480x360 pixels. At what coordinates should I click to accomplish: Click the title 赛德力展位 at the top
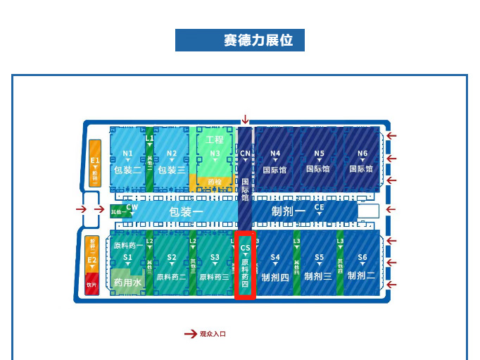click(x=239, y=40)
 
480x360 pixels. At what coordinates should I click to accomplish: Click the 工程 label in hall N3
click(x=215, y=140)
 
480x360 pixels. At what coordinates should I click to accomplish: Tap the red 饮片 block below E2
click(x=91, y=285)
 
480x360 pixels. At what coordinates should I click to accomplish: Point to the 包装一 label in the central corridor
click(x=186, y=211)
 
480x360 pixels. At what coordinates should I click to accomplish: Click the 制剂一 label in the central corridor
click(x=288, y=211)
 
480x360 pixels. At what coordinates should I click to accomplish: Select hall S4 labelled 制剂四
click(x=275, y=268)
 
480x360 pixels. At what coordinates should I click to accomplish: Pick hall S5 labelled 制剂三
click(x=319, y=268)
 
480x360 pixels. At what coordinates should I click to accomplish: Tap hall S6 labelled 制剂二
click(x=362, y=268)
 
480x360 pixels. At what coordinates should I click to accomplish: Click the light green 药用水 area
click(x=127, y=282)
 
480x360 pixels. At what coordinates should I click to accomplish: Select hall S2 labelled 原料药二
click(x=171, y=268)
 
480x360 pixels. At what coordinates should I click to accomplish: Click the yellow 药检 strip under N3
click(x=213, y=182)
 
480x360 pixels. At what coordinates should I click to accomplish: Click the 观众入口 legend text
click(x=213, y=334)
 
